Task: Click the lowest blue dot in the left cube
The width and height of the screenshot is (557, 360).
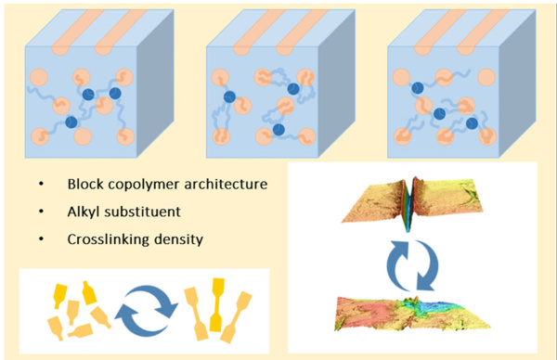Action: pyautogui.click(x=71, y=122)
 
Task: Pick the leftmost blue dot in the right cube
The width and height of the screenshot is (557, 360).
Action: pyautogui.click(x=418, y=88)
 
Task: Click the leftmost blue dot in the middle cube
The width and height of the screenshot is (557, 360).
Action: pyautogui.click(x=226, y=95)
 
